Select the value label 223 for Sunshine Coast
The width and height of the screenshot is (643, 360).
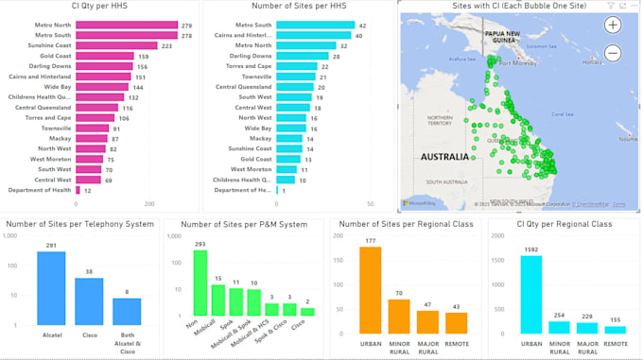(x=166, y=45)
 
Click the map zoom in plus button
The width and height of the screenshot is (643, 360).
(x=613, y=26)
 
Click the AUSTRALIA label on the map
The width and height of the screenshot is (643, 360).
(x=441, y=156)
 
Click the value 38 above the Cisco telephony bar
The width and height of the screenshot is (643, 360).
(x=89, y=271)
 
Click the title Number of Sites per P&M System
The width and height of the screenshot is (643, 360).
(x=244, y=225)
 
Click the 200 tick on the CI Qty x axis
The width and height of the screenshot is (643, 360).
(x=148, y=204)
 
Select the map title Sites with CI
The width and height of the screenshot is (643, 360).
(x=514, y=7)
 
